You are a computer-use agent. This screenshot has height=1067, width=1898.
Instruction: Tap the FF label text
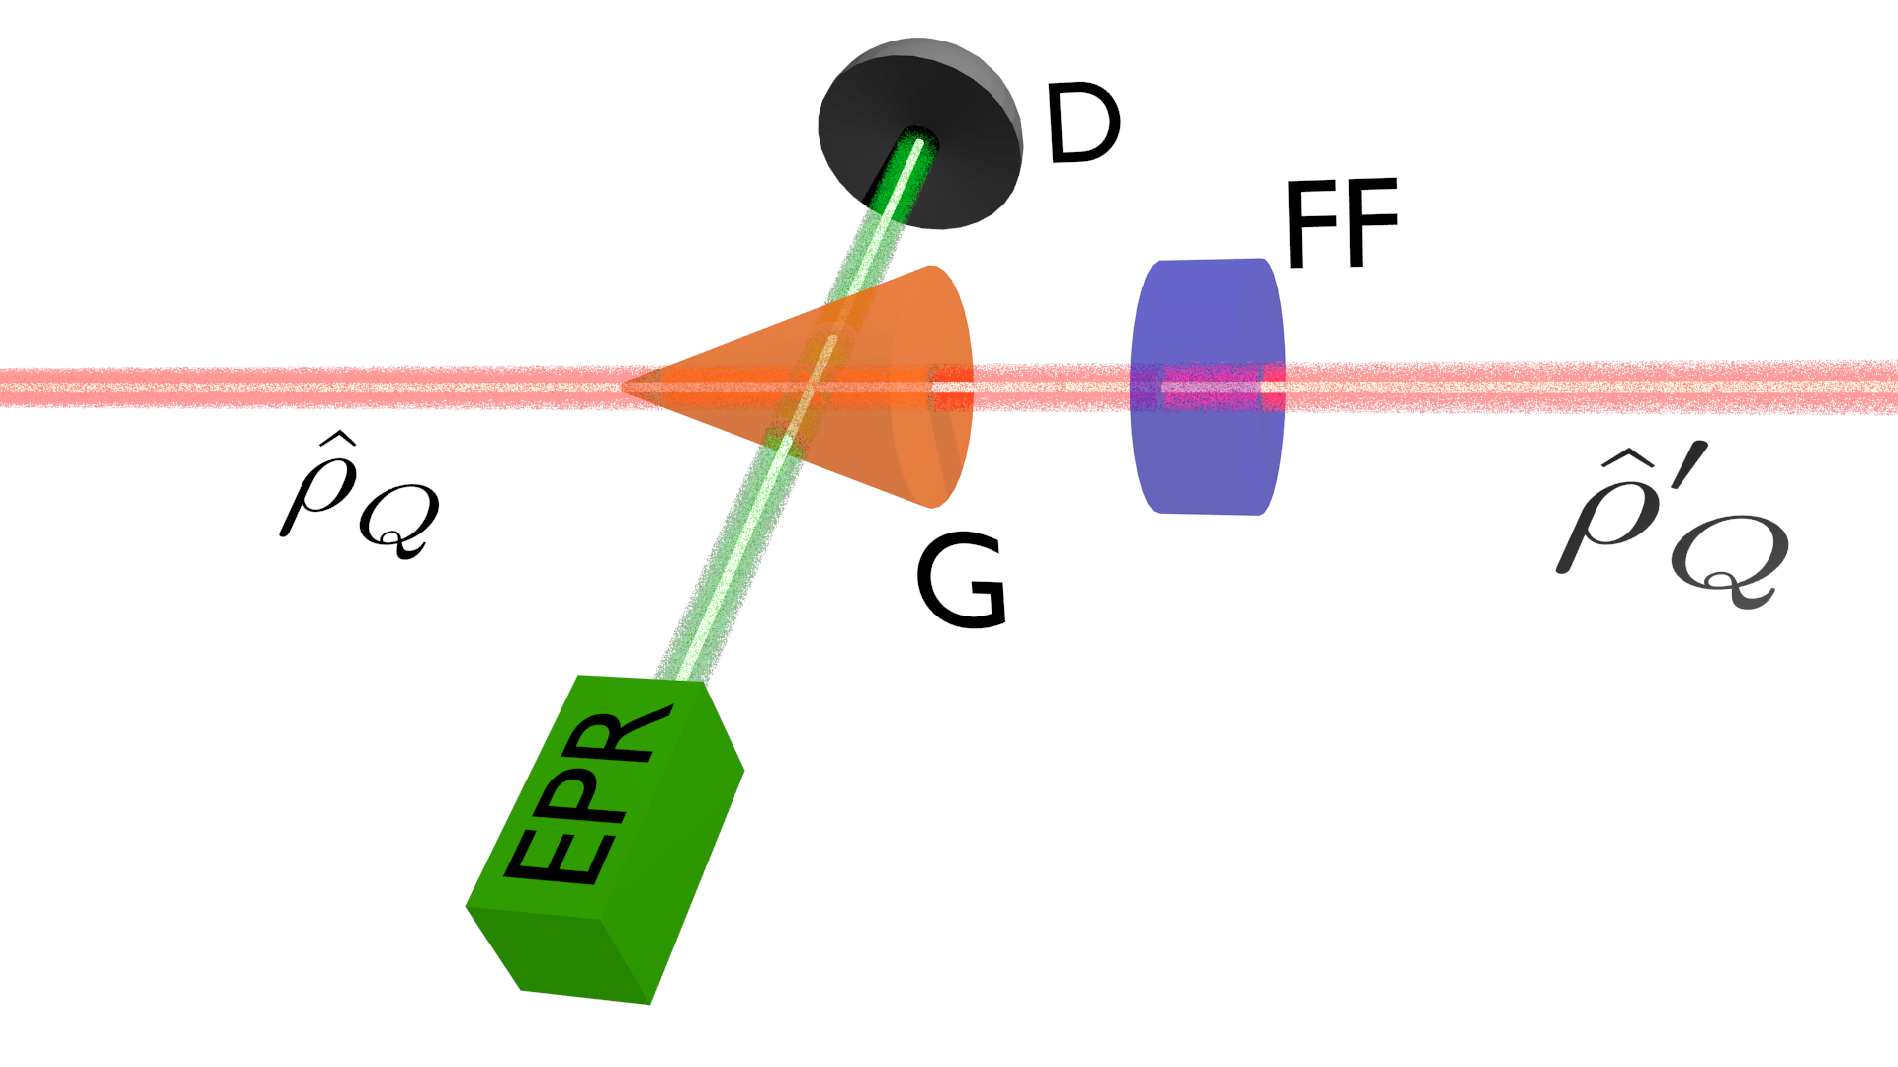coord(1340,224)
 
